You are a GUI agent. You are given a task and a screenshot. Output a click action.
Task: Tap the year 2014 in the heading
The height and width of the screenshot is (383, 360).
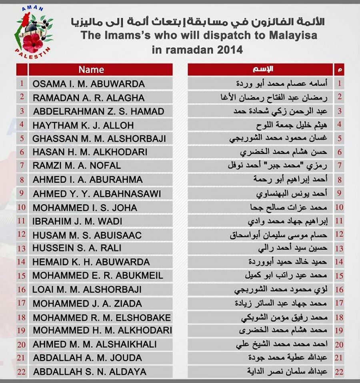tap(229, 50)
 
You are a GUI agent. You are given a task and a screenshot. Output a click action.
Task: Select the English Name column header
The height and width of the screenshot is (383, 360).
tap(91, 70)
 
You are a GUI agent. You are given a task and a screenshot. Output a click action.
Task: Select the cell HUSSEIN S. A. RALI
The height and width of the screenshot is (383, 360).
tap(77, 248)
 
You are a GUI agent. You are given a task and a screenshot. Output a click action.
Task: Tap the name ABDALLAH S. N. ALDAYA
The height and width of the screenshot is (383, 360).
tap(90, 371)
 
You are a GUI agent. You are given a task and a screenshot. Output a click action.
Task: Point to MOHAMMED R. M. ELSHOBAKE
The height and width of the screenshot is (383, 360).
tap(102, 318)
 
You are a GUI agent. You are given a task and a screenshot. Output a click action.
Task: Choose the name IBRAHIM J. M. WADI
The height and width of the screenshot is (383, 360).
tap(78, 221)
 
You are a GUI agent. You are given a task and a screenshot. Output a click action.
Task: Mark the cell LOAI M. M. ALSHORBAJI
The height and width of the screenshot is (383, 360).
tap(87, 289)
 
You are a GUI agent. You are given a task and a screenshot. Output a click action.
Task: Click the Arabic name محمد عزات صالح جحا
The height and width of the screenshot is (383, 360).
tap(297, 207)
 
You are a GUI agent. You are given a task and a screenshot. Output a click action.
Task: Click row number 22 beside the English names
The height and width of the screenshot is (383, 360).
tap(22, 371)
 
